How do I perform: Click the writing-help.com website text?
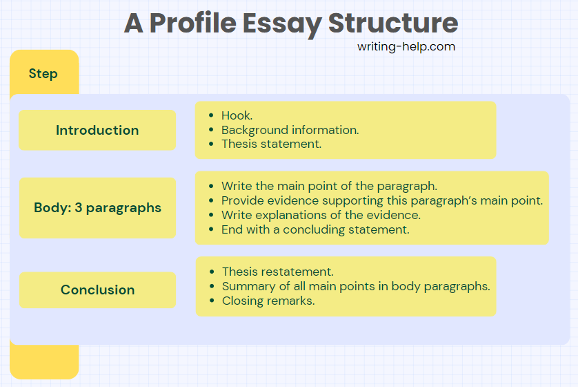[406, 47]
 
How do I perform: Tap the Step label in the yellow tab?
[43, 73]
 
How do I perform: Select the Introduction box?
[97, 130]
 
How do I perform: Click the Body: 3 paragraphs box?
[97, 208]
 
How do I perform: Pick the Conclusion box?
[97, 290]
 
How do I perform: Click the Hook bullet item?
[237, 115]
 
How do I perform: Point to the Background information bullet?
[290, 130]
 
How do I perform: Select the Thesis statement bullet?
[271, 144]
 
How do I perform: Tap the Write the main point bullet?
[329, 186]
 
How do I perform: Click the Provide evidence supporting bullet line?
[382, 200]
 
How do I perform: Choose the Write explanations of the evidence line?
[321, 215]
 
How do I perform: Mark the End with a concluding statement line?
[315, 229]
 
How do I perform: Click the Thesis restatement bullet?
[277, 272]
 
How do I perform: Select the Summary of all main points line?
[356, 286]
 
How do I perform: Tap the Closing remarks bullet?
[268, 301]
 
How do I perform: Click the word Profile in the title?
[193, 23]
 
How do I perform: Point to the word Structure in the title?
[393, 23]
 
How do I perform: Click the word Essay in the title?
[282, 24]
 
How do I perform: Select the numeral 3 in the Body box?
[78, 207]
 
